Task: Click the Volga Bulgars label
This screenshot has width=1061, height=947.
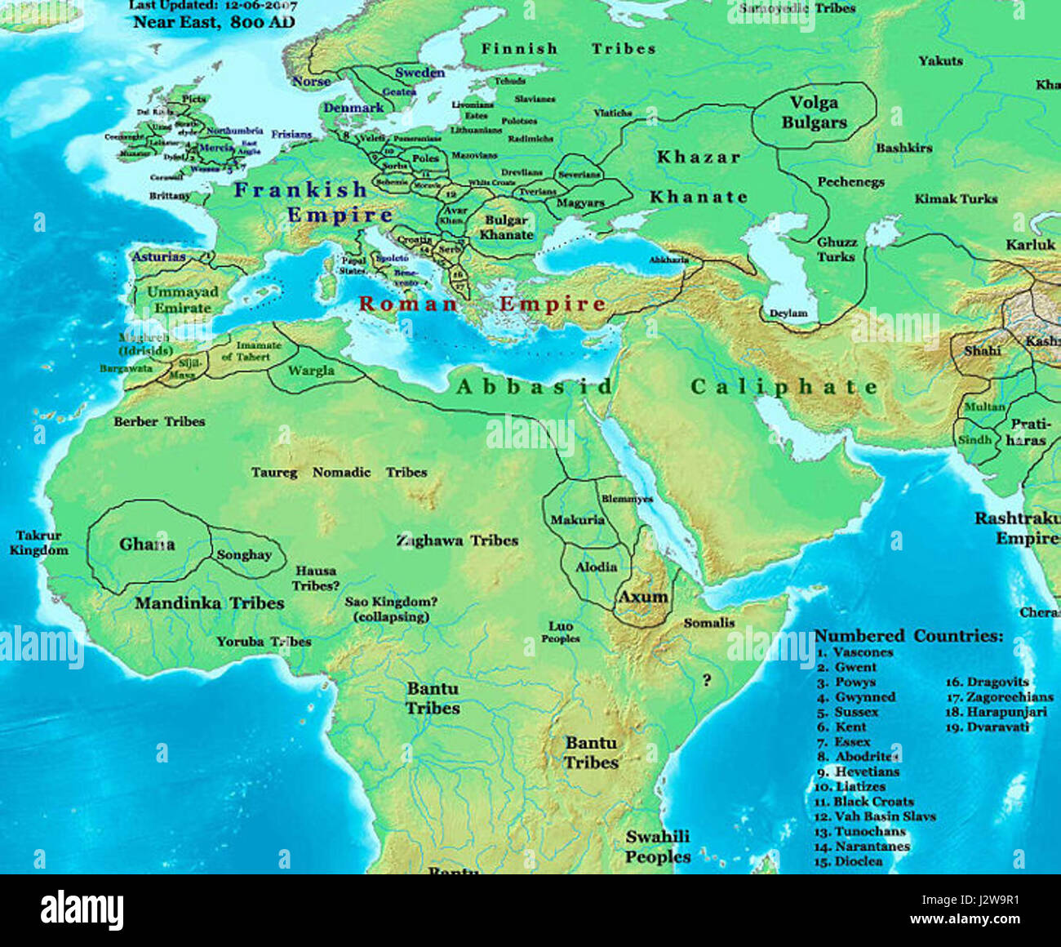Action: coord(814,113)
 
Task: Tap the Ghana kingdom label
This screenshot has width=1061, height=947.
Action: coord(147,545)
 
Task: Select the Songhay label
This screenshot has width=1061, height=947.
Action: coord(244,555)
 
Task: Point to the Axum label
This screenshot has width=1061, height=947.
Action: coord(642,597)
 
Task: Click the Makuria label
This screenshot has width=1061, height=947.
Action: coord(577,520)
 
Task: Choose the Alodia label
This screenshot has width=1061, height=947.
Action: coord(596,567)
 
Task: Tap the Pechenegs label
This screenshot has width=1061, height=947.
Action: coord(850,182)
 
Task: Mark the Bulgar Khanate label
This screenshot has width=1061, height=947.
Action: coord(506,228)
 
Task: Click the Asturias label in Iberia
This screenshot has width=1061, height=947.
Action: coord(159,257)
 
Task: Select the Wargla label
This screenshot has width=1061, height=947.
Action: coord(311,371)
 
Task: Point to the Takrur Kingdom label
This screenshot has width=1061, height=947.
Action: coord(38,544)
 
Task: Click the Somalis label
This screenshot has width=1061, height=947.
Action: coord(708,623)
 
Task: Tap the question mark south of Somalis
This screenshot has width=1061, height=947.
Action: coord(706,680)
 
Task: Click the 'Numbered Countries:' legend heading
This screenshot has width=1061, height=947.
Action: coord(908,636)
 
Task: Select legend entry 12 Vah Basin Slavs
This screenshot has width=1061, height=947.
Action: coord(876,816)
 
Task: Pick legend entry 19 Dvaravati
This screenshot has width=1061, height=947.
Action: coord(988,727)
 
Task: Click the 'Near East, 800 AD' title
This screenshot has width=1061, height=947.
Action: coord(214,22)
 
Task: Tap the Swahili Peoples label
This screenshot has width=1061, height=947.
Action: coord(658,847)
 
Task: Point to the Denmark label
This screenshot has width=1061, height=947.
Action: coord(353,108)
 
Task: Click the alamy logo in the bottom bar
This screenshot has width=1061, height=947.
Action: coord(82,909)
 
